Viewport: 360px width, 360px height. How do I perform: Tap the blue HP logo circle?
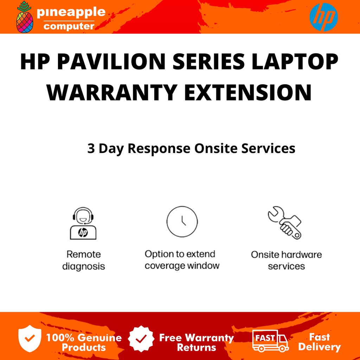pos(323,17)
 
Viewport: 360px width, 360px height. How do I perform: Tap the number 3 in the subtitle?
pos(91,148)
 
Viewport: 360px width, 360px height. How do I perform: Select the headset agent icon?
pos(83,223)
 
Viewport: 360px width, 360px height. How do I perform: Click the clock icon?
pos(182,222)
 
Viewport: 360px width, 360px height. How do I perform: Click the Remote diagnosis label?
pos(84,260)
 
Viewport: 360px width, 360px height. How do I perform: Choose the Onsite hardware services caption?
pos(286,260)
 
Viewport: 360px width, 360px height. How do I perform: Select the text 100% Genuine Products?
pos(84,342)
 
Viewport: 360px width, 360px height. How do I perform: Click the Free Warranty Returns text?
pos(196,342)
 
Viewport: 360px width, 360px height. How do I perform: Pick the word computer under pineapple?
pos(69,26)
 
